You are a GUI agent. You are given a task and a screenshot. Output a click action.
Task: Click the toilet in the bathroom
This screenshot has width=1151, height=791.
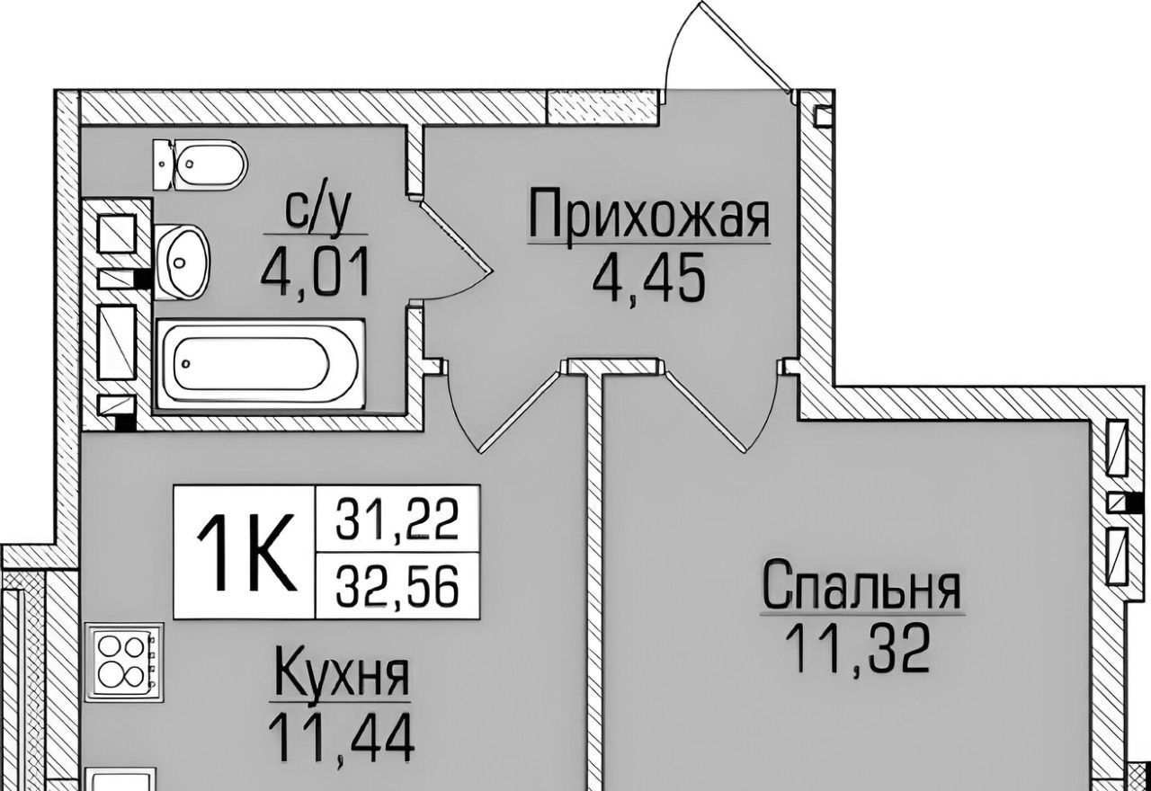point(200,164)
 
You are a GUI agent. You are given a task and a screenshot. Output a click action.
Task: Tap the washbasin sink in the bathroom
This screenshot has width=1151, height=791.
point(182,262)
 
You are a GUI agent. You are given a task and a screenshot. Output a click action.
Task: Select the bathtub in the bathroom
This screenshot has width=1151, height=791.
point(261,364)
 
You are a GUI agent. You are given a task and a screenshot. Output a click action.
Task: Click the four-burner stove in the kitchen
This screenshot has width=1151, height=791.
point(124,662)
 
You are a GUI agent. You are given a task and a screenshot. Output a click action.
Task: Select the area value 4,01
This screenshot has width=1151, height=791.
point(315,271)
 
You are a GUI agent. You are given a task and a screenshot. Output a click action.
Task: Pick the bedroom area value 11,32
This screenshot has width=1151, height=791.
point(857,647)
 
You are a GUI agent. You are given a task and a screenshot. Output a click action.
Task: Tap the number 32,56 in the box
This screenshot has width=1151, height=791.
point(397,587)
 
